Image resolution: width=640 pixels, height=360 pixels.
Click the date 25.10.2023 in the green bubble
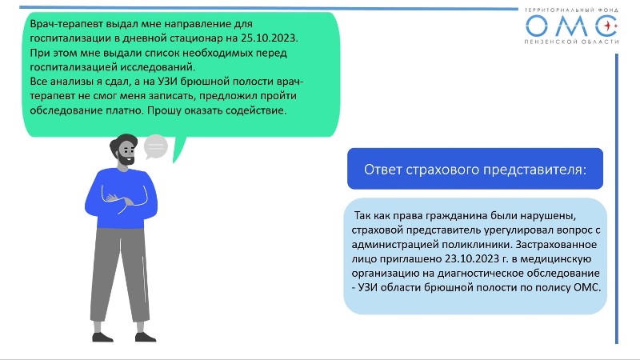pos(269,38)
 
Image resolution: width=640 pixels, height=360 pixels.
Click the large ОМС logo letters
pos(571,26)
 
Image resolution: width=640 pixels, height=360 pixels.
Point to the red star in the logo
pos(610,26)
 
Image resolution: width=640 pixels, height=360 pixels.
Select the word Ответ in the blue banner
pos(383,170)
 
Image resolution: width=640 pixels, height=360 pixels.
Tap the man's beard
pos(126,158)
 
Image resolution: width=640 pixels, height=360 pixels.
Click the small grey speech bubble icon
pos(155,147)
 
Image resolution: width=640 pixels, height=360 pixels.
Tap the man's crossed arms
pos(122,198)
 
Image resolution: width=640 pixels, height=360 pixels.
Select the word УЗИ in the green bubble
pos(168,82)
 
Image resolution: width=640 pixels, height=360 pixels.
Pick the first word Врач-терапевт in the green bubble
pos(66,24)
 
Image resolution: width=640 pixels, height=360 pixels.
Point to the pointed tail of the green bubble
pos(174,162)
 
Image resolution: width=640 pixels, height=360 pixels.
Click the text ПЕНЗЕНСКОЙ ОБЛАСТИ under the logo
pos(571,42)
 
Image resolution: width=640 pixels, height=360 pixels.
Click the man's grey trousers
pos(120,274)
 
